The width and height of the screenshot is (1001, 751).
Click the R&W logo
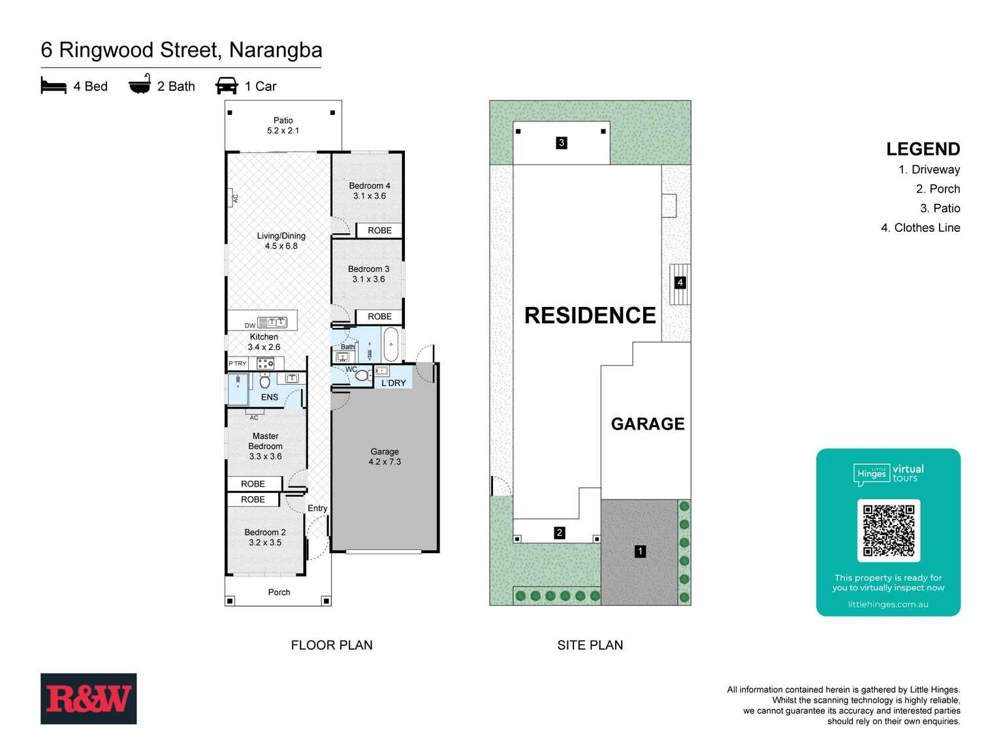tap(88, 698)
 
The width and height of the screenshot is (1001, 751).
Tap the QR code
tap(888, 530)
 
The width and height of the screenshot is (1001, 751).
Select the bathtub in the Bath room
tap(390, 344)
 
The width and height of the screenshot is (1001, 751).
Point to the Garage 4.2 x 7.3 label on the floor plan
tap(385, 456)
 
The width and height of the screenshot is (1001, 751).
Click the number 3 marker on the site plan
tap(562, 143)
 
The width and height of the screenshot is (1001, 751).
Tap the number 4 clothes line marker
tap(680, 282)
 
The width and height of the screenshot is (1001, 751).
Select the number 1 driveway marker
tap(640, 551)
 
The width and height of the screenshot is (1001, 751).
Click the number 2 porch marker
tap(559, 533)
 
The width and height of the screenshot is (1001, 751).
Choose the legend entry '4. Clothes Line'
tap(920, 227)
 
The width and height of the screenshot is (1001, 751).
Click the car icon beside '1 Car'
tap(227, 86)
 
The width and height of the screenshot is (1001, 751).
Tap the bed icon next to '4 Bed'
tap(54, 86)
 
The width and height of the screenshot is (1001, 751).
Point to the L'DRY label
tap(393, 383)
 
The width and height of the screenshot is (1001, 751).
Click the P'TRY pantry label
tap(237, 363)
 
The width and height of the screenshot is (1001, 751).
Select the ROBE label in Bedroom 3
tap(379, 317)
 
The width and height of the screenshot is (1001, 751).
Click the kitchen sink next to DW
tap(272, 323)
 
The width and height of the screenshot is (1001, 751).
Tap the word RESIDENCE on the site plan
tap(590, 315)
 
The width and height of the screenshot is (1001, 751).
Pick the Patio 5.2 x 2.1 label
tap(283, 125)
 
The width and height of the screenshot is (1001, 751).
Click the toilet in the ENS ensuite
tap(264, 381)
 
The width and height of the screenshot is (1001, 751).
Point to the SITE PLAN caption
tap(590, 645)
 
